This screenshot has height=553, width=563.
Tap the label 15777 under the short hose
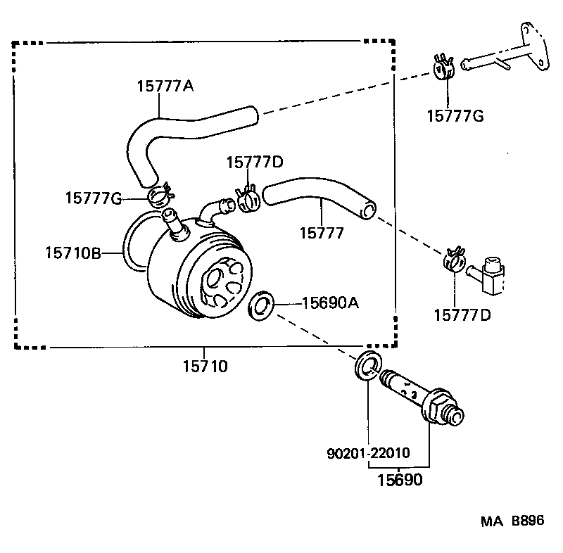coord(322,233)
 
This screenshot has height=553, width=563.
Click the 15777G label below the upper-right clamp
coord(455,116)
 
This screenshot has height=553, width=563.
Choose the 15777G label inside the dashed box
coord(94,198)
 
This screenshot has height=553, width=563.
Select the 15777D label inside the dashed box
coord(254,163)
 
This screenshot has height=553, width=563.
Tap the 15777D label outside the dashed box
coord(462,314)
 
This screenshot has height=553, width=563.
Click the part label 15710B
coord(73,251)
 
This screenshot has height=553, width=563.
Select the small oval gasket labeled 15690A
coord(261,306)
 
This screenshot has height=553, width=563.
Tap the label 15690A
coord(331,303)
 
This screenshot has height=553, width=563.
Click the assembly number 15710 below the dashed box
coord(205,366)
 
